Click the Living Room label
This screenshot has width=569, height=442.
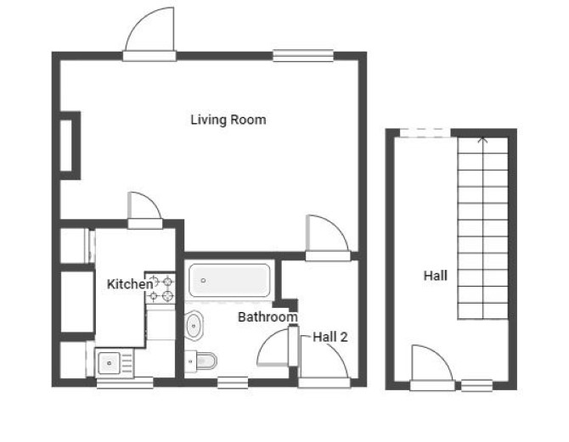click(228, 120)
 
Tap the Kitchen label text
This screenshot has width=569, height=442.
click(130, 284)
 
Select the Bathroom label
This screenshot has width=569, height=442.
click(268, 317)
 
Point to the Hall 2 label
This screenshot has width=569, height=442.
click(330, 337)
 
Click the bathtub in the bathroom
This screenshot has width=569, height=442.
click(229, 280)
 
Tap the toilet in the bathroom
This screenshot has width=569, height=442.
click(200, 361)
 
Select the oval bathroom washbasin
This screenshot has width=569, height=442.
click(194, 326)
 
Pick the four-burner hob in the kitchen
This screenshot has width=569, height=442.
click(161, 288)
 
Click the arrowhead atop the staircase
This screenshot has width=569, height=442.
click(482, 140)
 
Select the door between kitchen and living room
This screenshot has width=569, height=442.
click(144, 210)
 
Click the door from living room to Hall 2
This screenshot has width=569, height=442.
click(328, 238)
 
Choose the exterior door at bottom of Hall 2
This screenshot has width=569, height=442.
click(324, 362)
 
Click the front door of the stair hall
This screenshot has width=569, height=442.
click(431, 367)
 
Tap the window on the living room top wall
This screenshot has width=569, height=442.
click(303, 55)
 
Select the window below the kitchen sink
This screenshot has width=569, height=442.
click(125, 383)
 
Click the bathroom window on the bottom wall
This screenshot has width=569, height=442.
click(233, 383)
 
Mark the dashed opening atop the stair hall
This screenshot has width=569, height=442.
click(425, 132)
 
